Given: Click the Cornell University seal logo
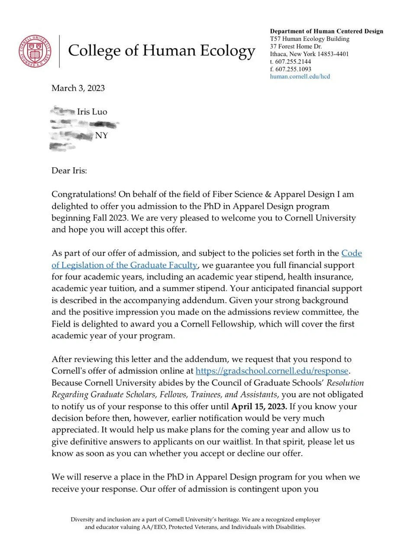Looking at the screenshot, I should pyautogui.click(x=35, y=51).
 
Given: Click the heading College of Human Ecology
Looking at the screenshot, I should pyautogui.click(x=161, y=51).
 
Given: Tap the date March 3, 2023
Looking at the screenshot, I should pyautogui.click(x=78, y=88).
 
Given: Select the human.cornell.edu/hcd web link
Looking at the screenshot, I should pyautogui.click(x=300, y=76).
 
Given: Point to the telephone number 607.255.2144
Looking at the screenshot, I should pyautogui.click(x=293, y=62).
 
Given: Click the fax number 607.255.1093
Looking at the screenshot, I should pyautogui.click(x=293, y=69).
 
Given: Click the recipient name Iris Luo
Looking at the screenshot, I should pyautogui.click(x=92, y=112).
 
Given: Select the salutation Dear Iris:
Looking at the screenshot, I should pyautogui.click(x=69, y=170).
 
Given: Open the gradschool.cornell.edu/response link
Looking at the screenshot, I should pyautogui.click(x=272, y=371).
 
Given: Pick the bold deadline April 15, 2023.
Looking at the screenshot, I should pyautogui.click(x=259, y=407).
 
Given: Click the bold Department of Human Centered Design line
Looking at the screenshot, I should pyautogui.click(x=326, y=31).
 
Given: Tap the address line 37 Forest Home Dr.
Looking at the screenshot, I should pyautogui.click(x=296, y=46).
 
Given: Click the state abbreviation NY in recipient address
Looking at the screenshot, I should pyautogui.click(x=101, y=136).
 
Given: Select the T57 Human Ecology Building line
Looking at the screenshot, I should pyautogui.click(x=310, y=39).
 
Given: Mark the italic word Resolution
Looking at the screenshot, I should pyautogui.click(x=345, y=383).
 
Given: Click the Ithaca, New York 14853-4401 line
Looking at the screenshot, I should pyautogui.click(x=309, y=54).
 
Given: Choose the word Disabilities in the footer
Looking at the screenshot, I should pyautogui.click(x=290, y=527).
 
